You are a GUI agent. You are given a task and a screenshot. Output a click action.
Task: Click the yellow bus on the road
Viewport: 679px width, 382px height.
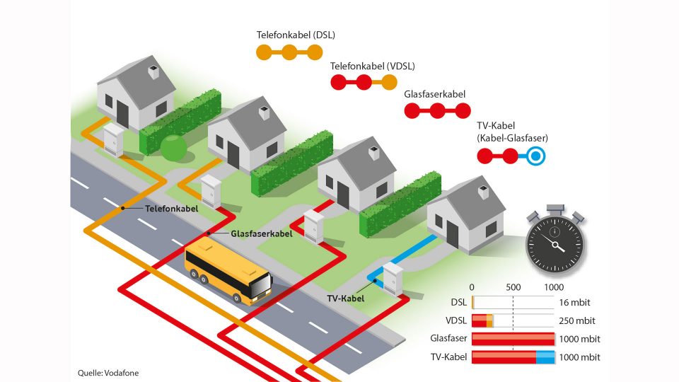click(228, 274)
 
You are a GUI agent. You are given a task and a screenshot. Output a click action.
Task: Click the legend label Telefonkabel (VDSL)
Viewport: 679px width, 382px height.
click(373, 66)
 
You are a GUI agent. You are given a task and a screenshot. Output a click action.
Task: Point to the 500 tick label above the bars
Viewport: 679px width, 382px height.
click(513, 287)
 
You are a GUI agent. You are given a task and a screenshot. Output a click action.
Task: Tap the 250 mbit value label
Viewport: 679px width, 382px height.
click(577, 320)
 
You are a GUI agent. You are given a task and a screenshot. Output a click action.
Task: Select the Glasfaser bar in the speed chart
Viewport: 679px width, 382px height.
click(513, 339)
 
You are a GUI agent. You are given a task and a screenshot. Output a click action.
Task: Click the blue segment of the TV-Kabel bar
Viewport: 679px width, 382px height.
click(545, 357)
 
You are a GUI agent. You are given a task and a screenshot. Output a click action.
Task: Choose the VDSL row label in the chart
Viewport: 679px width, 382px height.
click(455, 320)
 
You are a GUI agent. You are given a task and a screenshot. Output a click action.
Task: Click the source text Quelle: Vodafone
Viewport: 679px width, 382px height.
click(108, 372)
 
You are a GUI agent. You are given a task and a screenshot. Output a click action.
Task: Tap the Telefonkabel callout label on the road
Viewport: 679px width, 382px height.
click(171, 209)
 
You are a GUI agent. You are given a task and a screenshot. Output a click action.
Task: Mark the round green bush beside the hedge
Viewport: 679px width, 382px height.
click(173, 149)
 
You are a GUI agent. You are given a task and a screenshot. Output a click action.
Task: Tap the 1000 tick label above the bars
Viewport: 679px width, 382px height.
click(553, 287)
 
